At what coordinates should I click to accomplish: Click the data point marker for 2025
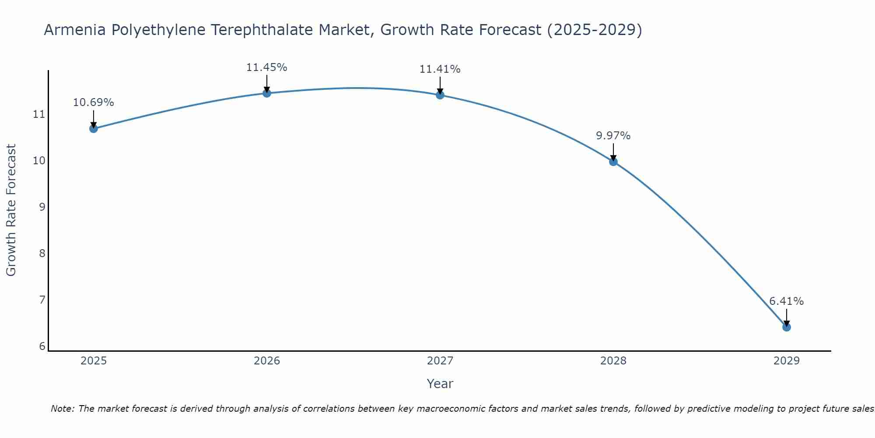click(x=94, y=128)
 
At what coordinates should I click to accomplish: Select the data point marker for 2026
click(x=267, y=93)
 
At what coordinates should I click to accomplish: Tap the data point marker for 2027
click(x=440, y=95)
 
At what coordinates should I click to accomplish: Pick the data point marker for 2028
click(x=613, y=162)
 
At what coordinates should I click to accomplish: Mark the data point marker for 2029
click(x=787, y=327)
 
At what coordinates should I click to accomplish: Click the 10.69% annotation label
click(x=93, y=102)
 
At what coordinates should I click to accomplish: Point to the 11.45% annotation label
click(x=266, y=67)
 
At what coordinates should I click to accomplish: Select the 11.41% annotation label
click(x=440, y=69)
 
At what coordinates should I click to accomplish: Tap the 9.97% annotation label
click(x=613, y=136)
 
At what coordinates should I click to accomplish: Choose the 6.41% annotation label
click(x=786, y=301)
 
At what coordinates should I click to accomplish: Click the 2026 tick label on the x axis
click(x=267, y=361)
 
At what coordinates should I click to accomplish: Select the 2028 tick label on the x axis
click(x=613, y=361)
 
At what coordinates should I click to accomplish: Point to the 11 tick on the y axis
click(x=39, y=115)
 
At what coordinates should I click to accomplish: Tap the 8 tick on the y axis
click(x=42, y=254)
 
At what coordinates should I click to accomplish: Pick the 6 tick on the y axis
click(x=42, y=346)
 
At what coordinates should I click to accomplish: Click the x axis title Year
click(x=440, y=384)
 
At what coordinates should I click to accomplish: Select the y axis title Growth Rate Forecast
click(x=11, y=210)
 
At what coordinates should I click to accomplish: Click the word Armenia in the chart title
click(x=75, y=30)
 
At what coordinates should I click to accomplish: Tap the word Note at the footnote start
click(x=63, y=409)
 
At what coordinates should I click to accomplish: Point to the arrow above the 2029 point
click(x=787, y=317)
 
